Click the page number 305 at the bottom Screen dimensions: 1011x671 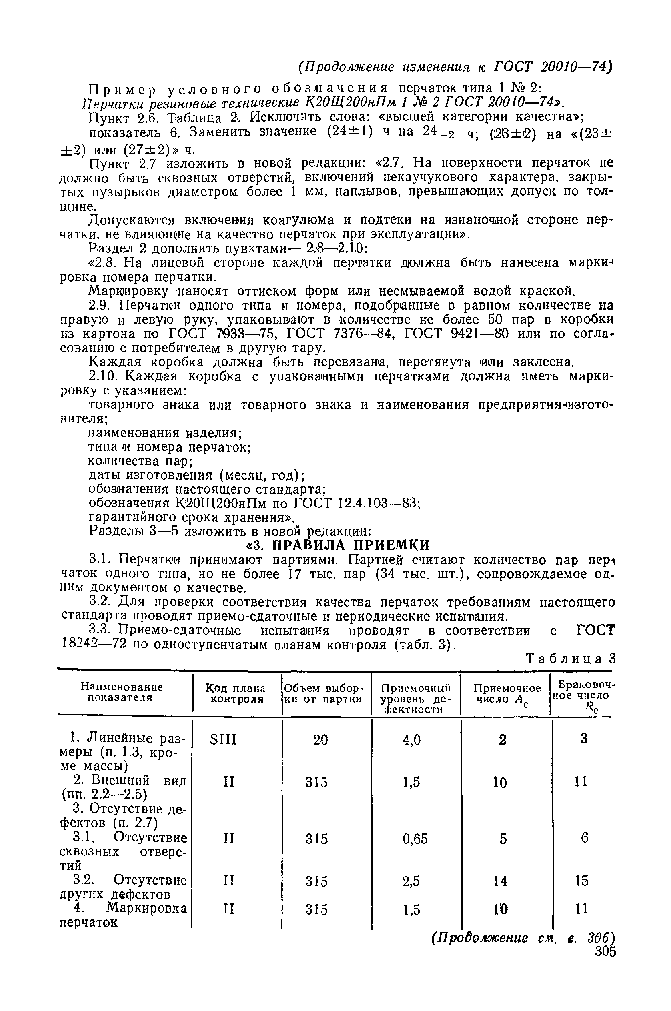(605, 963)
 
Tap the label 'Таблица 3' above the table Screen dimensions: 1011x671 (571, 659)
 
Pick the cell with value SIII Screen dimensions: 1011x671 (224, 739)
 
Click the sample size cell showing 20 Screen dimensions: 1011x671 (320, 740)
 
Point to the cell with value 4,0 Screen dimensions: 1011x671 (411, 740)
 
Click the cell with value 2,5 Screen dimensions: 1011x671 (411, 881)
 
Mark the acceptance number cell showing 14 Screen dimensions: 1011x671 (500, 881)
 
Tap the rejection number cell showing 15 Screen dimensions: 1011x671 (582, 881)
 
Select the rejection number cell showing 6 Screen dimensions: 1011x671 (585, 838)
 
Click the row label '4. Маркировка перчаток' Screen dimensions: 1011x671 (123, 915)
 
